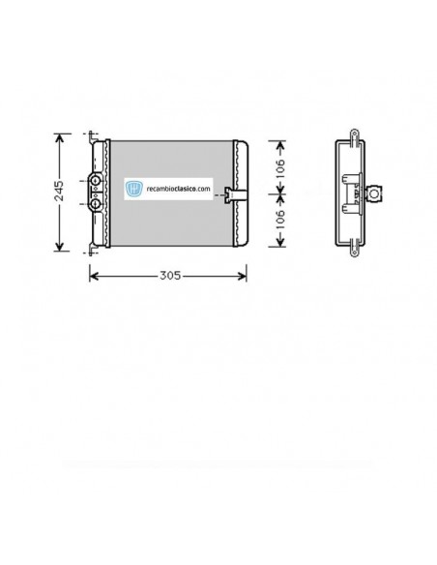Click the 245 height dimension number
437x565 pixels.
[x=60, y=191]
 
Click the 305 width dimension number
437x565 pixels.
[x=168, y=275]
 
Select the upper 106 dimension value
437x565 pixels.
[x=280, y=166]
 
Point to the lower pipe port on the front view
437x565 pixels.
[x=96, y=203]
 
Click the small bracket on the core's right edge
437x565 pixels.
[x=227, y=193]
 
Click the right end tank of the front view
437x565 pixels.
[x=240, y=193]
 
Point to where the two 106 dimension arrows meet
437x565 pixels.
[x=280, y=193]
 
